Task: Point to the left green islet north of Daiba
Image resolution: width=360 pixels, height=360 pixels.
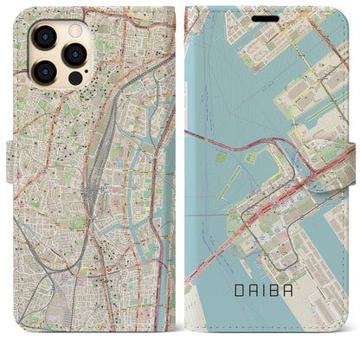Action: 220,157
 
